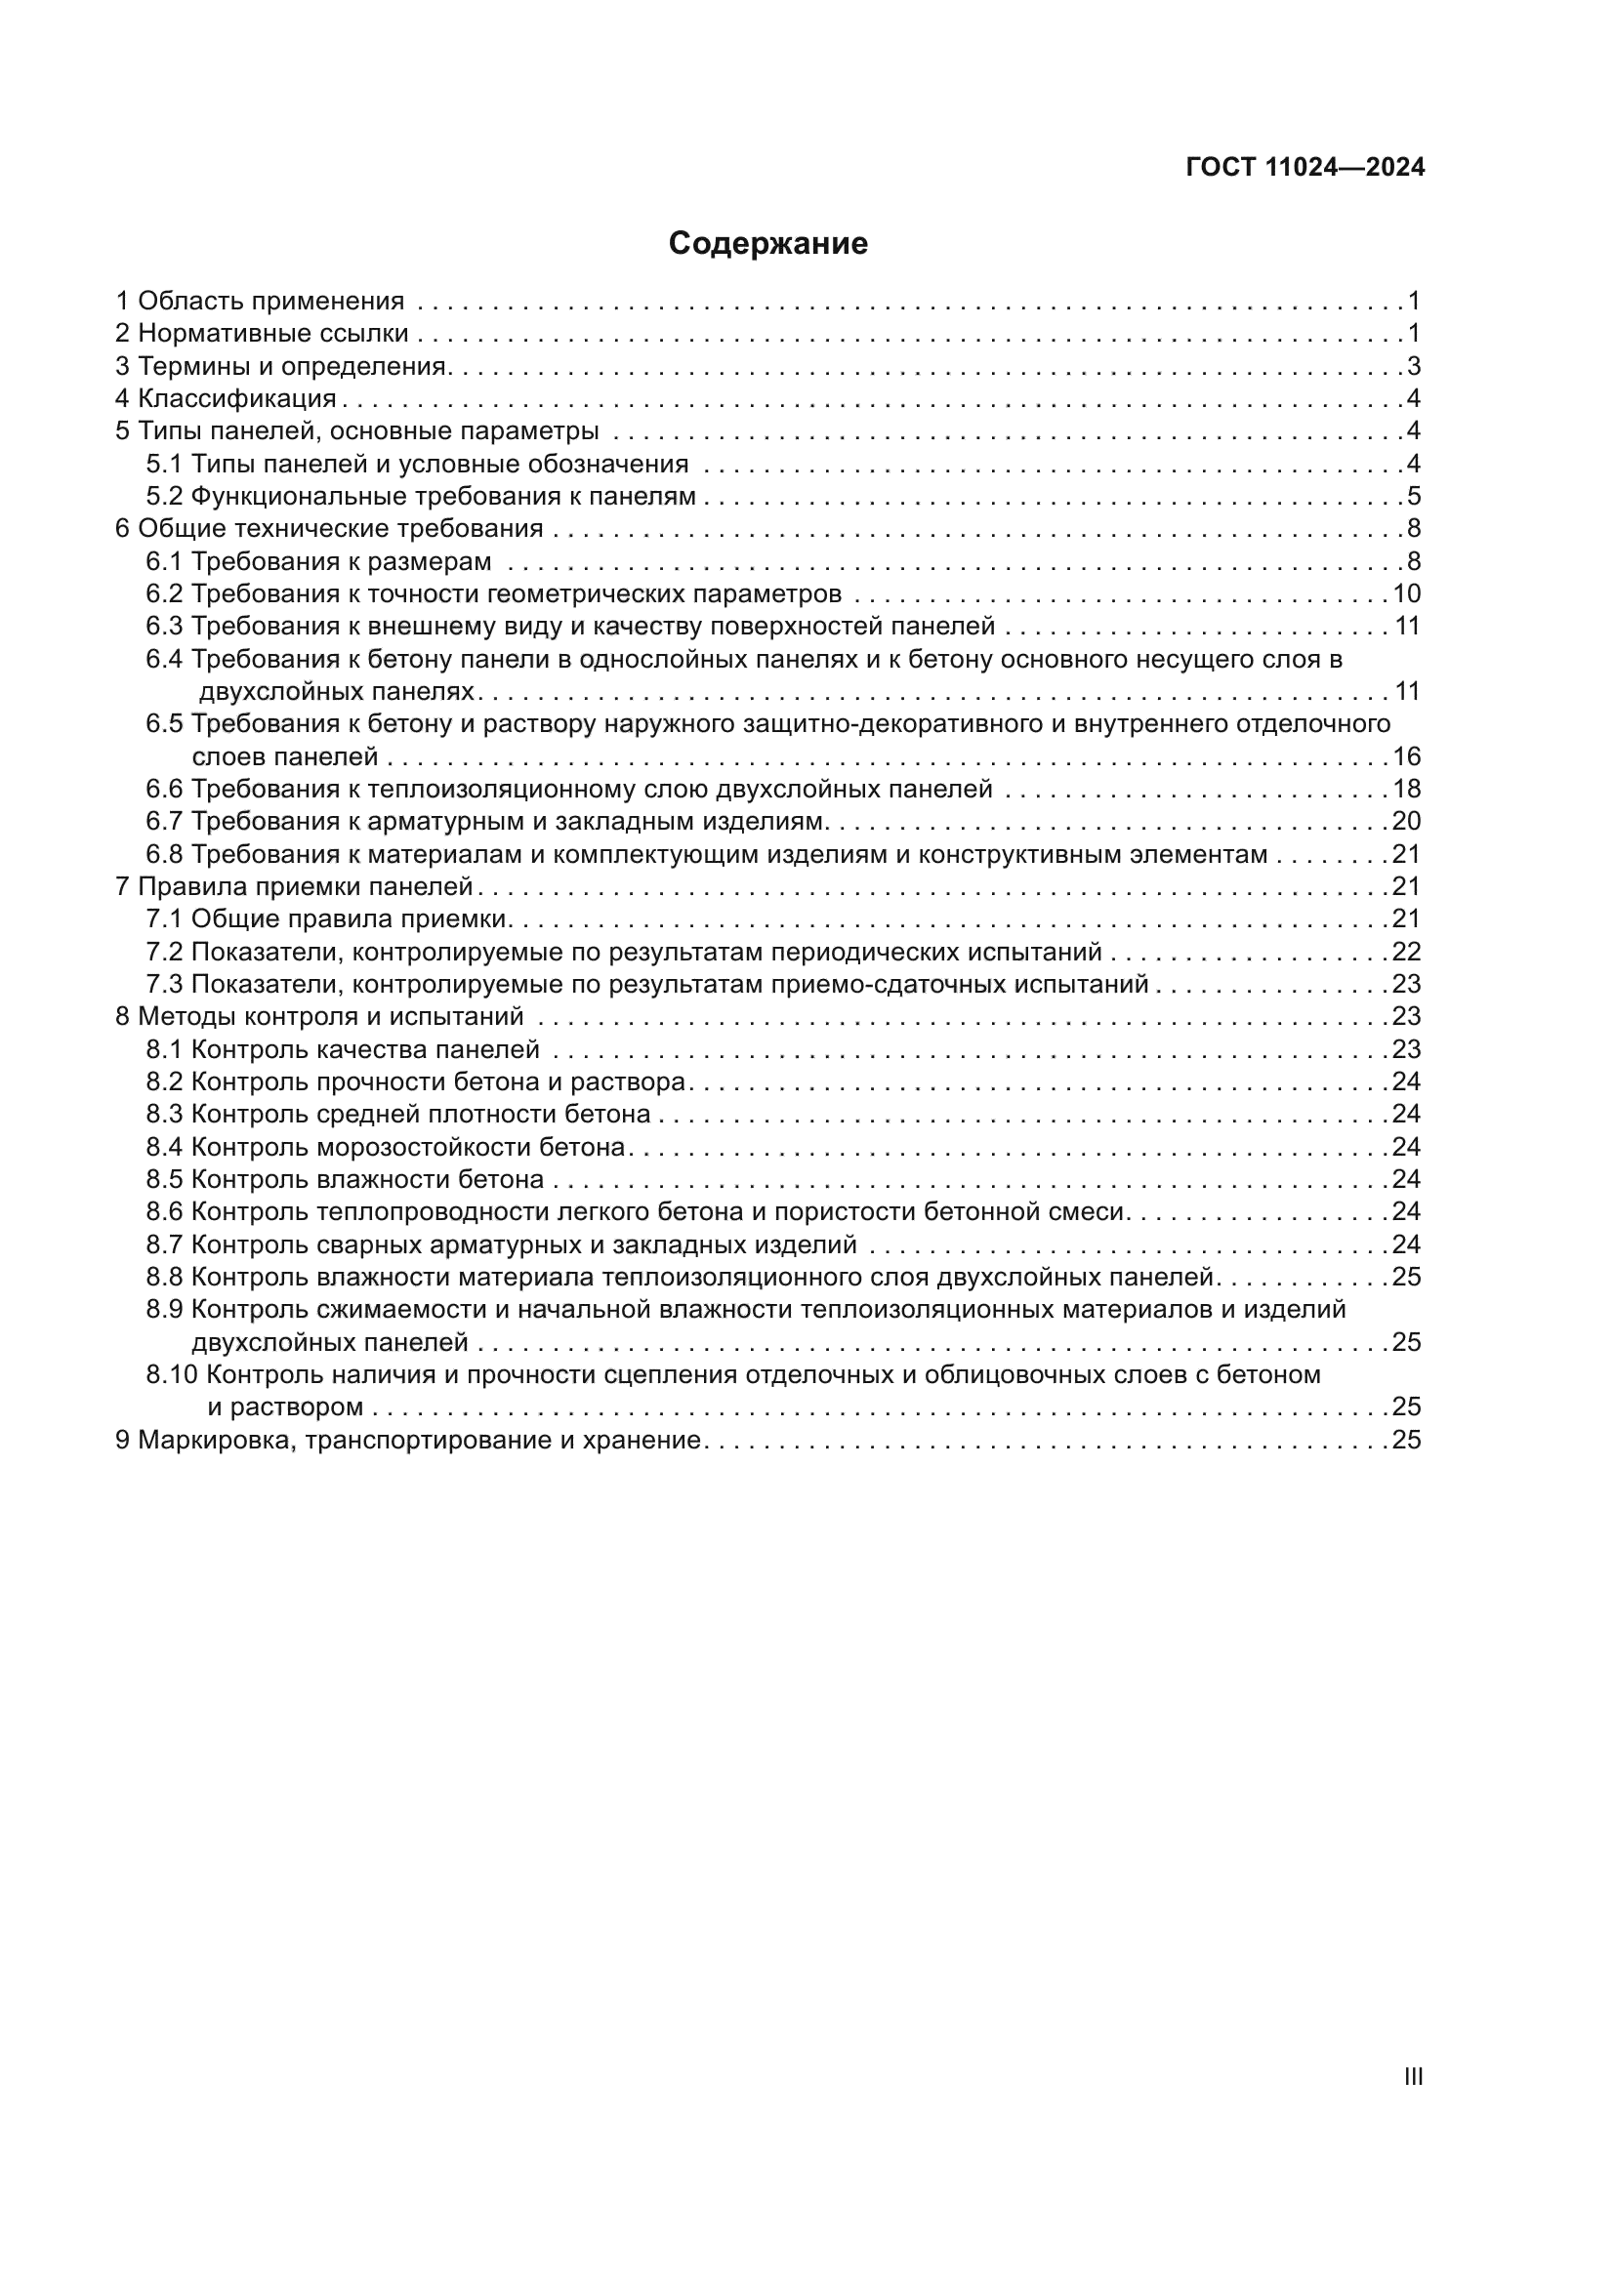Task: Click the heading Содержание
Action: coord(767,244)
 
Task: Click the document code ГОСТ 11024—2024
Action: coord(1304,167)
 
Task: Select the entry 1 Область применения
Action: coord(261,301)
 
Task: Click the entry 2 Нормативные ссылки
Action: coord(263,333)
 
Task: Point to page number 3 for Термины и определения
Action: coord(1413,366)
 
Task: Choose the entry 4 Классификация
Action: coord(227,399)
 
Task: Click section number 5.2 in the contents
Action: coord(165,496)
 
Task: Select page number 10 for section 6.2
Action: coord(1406,593)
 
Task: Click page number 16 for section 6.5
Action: coord(1406,756)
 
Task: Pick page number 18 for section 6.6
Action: coord(1406,789)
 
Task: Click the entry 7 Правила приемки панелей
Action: coord(294,886)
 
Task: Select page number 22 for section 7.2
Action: coord(1406,952)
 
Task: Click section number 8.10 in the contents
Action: coord(172,1374)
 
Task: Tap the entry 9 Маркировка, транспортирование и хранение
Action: coord(409,1440)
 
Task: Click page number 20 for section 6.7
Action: coord(1406,821)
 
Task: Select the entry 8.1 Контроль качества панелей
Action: coord(343,1049)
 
